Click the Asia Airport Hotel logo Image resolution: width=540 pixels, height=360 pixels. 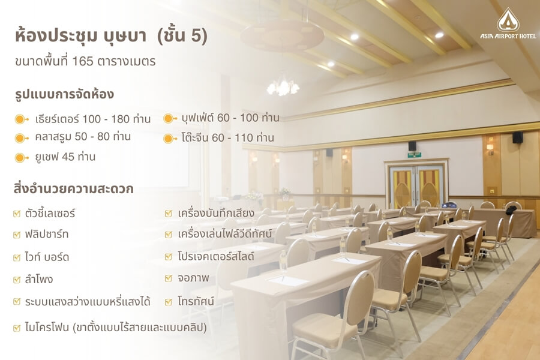click(x=508, y=23)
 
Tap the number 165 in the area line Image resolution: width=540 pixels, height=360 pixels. click(x=83, y=61)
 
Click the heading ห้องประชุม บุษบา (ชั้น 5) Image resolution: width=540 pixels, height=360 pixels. click(x=111, y=36)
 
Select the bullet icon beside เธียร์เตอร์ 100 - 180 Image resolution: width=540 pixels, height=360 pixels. click(x=22, y=119)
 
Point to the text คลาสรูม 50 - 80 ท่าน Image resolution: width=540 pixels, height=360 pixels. click(x=83, y=136)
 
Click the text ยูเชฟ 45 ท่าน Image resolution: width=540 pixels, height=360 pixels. click(x=65, y=157)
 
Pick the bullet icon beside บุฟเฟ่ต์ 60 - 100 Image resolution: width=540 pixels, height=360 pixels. click(x=169, y=119)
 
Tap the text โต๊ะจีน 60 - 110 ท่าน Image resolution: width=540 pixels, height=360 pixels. click(x=227, y=137)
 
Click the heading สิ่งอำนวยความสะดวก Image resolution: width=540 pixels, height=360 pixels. click(x=73, y=189)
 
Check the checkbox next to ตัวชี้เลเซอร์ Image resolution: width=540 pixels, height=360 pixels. click(x=17, y=214)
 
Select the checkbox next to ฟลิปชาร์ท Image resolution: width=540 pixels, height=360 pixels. click(x=17, y=235)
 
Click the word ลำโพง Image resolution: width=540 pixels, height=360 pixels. click(x=39, y=279)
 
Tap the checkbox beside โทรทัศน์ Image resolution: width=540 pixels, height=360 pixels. click(x=169, y=302)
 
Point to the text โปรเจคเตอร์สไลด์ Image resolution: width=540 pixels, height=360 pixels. click(x=216, y=256)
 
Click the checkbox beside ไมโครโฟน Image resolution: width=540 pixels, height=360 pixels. click(x=17, y=328)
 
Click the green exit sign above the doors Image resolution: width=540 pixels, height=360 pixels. click(x=414, y=155)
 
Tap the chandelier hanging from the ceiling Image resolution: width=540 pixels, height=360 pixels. click(x=283, y=86)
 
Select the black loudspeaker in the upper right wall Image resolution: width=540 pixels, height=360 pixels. click(x=518, y=137)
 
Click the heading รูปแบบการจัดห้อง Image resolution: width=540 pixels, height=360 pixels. click(x=64, y=94)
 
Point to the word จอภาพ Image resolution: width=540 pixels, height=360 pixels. click(x=193, y=278)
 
